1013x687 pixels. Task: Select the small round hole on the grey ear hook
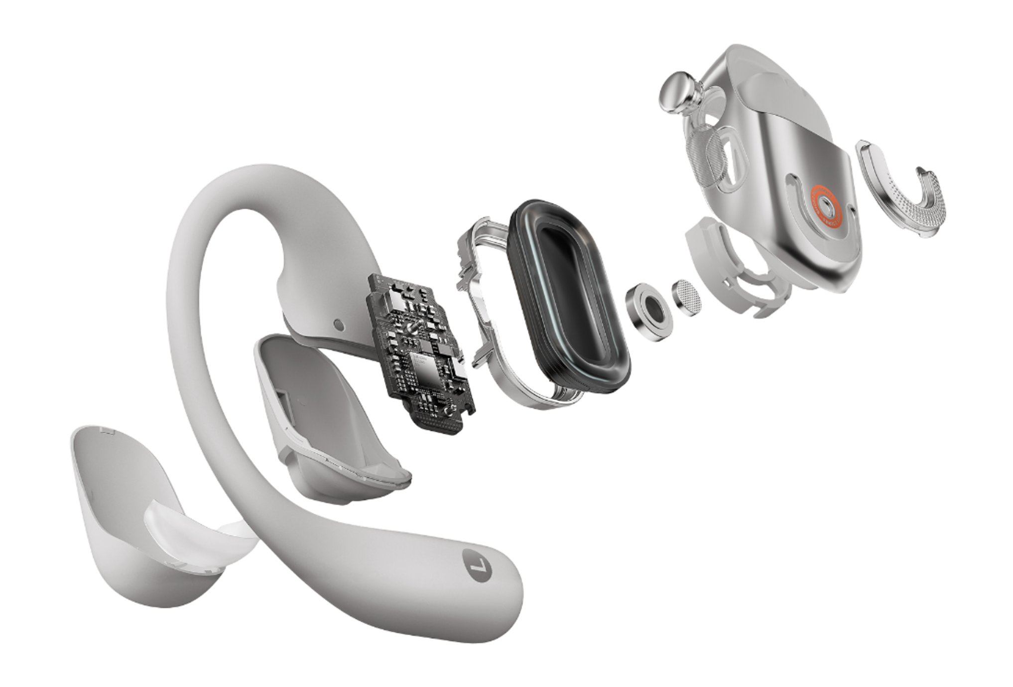(339, 325)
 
